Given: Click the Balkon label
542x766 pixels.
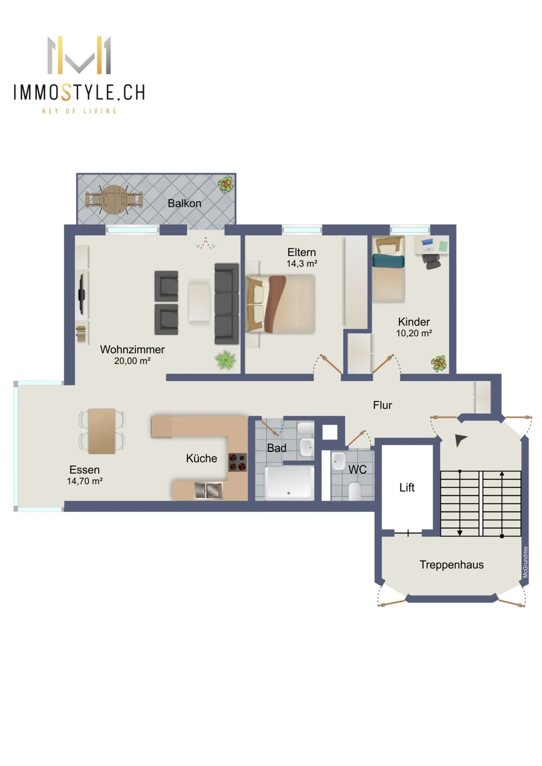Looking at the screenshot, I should [x=184, y=203].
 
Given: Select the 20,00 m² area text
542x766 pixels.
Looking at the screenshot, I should [x=132, y=361].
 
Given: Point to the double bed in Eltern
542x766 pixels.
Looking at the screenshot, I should [x=280, y=304].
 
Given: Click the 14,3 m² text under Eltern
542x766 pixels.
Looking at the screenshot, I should [x=301, y=263].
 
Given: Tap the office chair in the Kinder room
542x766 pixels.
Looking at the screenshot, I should [x=431, y=261].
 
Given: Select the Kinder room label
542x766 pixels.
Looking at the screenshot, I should [x=413, y=322].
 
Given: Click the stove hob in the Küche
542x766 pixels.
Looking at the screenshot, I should [x=238, y=462].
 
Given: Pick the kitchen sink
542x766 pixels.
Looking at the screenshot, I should [x=208, y=490].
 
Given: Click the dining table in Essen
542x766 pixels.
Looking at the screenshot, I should [x=102, y=431].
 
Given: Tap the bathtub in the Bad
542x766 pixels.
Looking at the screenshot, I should [x=289, y=483].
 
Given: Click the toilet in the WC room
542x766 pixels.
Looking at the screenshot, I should [x=355, y=491].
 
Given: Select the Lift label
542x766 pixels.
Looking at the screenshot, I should [x=406, y=487].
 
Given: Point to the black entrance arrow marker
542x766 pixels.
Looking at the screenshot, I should [x=460, y=440].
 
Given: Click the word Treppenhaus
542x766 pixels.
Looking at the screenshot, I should [x=451, y=564].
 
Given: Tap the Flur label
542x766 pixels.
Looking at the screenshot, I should [x=382, y=405].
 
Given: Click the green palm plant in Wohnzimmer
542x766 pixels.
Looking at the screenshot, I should [x=225, y=360].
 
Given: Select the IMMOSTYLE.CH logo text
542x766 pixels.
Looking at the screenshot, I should [x=79, y=93].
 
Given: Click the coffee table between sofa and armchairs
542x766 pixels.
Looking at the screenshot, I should [x=199, y=302].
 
